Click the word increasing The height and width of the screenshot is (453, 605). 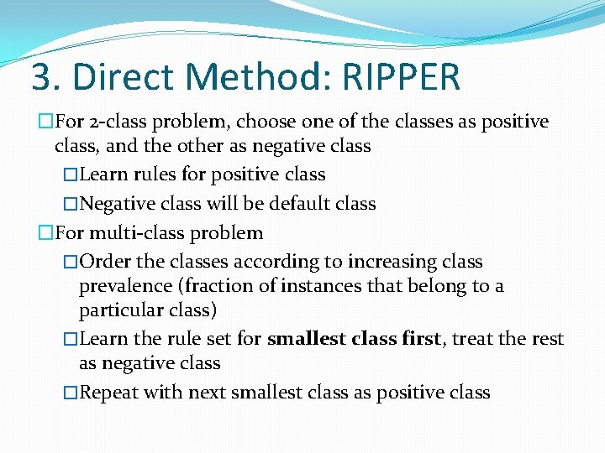coord(386,262)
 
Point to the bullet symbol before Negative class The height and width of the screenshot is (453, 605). coord(71,204)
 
